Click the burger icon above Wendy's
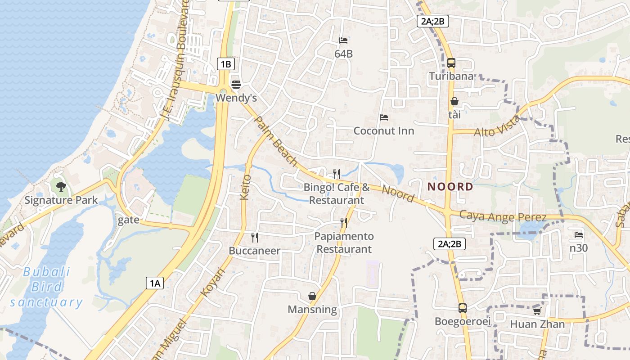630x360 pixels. pos(236,84)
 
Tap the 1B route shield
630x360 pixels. pos(225,64)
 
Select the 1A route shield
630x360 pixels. pos(154,283)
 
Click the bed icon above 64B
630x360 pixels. pos(343,40)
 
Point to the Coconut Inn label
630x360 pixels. pos(383,131)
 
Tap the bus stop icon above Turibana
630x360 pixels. pos(451,63)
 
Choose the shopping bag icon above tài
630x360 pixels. pos(454,102)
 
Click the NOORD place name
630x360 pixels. pos(450,187)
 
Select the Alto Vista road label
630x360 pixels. pos(497,126)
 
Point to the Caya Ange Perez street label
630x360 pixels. pos(503,216)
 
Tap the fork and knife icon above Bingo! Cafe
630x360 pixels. pos(336,174)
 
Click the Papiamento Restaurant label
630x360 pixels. pos(344,243)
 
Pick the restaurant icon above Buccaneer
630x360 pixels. pos(255,237)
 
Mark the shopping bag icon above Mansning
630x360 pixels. pos(312,296)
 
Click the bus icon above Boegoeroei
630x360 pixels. pos(462,308)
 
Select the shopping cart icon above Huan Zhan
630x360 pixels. pos(537,311)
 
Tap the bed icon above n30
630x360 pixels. pos(579,235)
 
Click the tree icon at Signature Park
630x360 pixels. pos(61,186)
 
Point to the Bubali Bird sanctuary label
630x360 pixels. pos(46,287)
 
